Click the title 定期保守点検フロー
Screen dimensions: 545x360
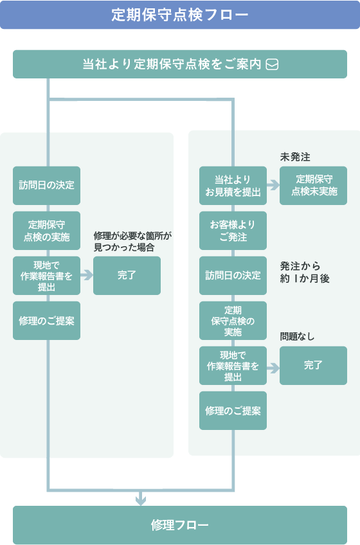[179, 15]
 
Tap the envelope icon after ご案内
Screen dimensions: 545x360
[272, 64]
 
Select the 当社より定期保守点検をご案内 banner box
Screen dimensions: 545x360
[179, 64]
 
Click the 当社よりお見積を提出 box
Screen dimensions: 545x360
[233, 186]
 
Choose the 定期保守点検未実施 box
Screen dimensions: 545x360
[313, 186]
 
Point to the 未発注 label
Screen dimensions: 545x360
[295, 157]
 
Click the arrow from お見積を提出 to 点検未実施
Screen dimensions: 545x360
[273, 186]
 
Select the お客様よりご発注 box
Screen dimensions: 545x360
[233, 231]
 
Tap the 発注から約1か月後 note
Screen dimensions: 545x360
[305, 272]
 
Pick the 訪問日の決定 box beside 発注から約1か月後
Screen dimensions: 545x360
[233, 276]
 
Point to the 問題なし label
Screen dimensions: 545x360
[297, 337]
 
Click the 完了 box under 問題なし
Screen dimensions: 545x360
[313, 366]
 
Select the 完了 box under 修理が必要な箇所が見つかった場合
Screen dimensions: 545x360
[127, 276]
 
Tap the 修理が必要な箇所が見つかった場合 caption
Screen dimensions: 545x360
[132, 241]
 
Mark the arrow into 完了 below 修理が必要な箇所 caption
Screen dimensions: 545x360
[86, 276]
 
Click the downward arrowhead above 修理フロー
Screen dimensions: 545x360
[141, 499]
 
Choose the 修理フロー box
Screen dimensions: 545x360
[179, 525]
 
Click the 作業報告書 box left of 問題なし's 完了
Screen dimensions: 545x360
[233, 366]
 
